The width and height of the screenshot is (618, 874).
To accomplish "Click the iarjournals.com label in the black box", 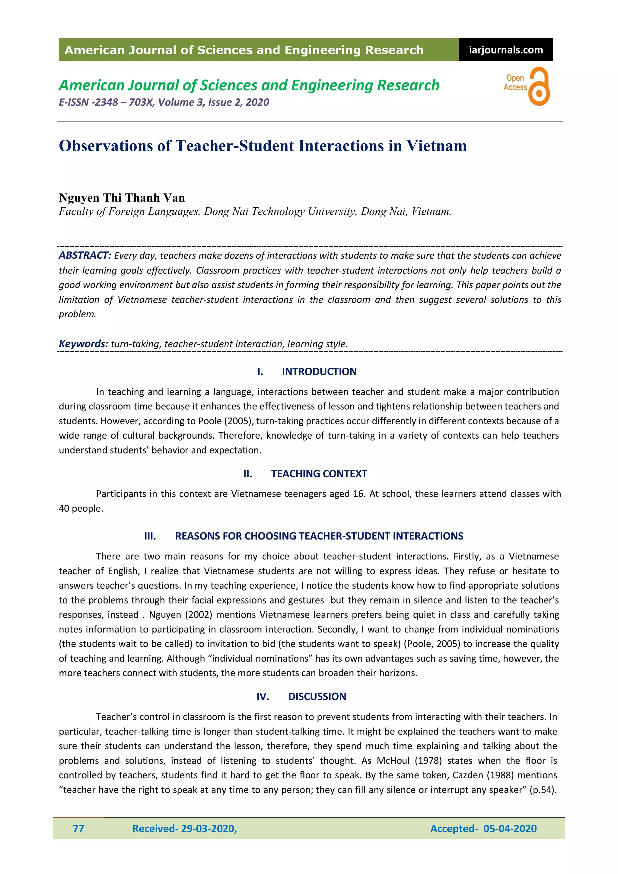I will coord(505,50).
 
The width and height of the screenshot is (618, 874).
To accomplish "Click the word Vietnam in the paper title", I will coord(436,146).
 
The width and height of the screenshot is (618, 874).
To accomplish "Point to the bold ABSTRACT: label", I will coord(84,255).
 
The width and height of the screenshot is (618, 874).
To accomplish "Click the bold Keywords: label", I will coord(83,344).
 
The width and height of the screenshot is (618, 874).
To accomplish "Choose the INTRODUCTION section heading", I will coord(319,372).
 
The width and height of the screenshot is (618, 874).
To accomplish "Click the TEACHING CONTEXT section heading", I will coord(319,474).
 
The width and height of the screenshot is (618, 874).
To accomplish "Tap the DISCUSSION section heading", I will coord(317,696).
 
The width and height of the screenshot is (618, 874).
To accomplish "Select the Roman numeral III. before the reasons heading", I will coord(150,536).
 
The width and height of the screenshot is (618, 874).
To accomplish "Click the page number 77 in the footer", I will coord(78,828).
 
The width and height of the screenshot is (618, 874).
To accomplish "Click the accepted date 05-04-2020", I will coord(510,828).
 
